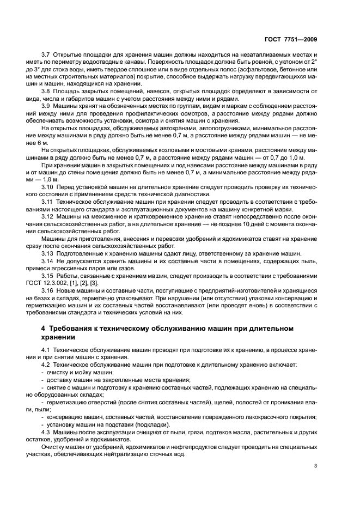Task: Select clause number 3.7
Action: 46,56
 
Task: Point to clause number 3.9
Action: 46,105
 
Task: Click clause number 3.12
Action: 48,216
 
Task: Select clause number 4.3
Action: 46,431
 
